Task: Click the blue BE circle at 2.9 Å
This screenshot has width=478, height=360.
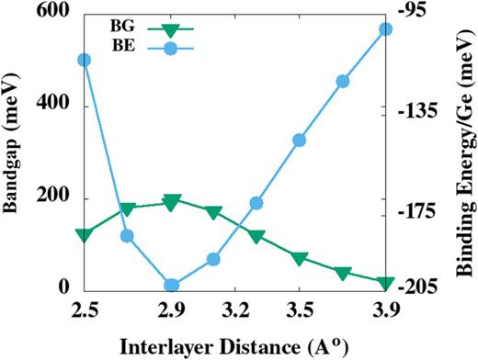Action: pyautogui.click(x=171, y=286)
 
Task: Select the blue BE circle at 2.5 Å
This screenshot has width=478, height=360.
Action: pyautogui.click(x=85, y=60)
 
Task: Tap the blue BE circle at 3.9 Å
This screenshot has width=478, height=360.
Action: pyautogui.click(x=386, y=29)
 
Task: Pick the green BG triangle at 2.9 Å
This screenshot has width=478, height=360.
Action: pyautogui.click(x=171, y=202)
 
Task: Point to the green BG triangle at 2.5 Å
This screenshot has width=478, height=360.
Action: pyautogui.click(x=85, y=235)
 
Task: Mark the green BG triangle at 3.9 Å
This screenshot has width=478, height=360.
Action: pyautogui.click(x=386, y=283)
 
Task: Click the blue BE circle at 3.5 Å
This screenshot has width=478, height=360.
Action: pyautogui.click(x=299, y=141)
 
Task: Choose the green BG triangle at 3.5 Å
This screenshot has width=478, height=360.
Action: pyautogui.click(x=299, y=258)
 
